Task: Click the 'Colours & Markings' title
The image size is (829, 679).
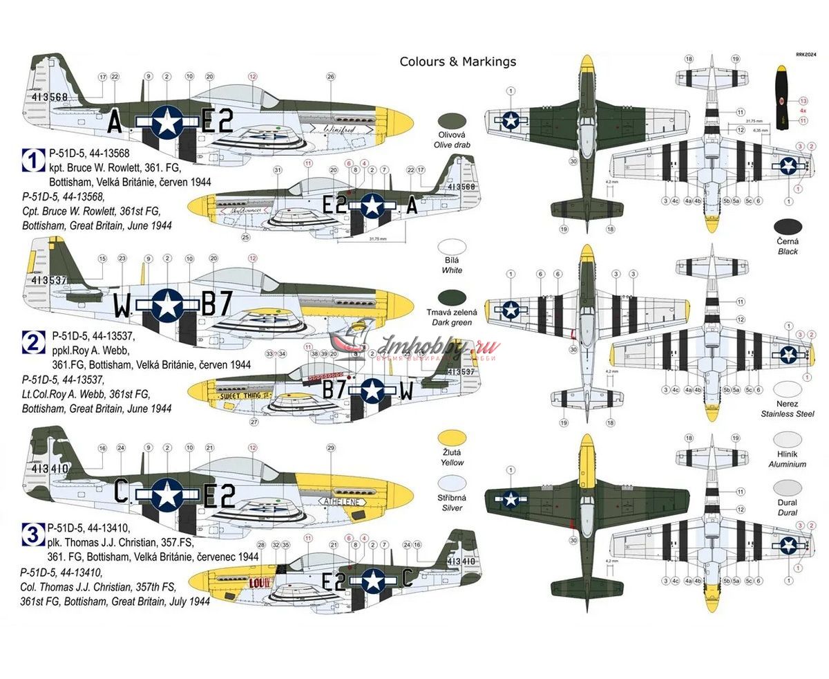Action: tap(457, 62)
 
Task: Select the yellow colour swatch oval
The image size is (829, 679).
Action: tap(452, 437)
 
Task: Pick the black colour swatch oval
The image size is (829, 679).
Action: tap(788, 225)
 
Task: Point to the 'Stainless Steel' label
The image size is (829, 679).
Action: tap(788, 415)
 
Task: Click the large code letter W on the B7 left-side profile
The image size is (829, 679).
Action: tap(122, 305)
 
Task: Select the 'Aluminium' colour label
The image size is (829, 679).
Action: tap(788, 465)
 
